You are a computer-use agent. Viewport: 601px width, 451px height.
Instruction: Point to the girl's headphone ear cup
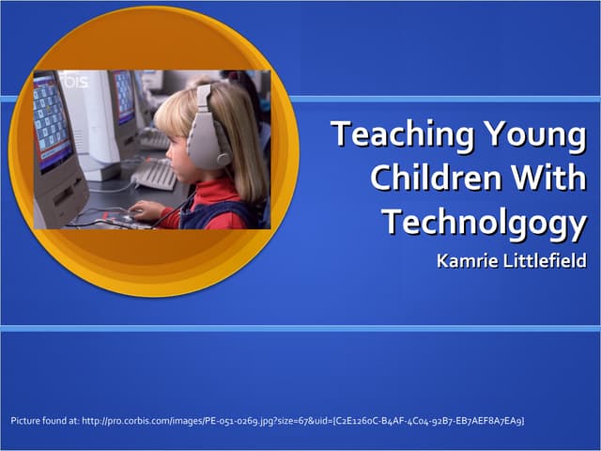[x=208, y=140]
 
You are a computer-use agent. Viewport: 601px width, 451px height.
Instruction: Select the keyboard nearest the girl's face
[x=154, y=174]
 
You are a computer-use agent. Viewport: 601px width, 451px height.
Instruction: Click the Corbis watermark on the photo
[x=75, y=82]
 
